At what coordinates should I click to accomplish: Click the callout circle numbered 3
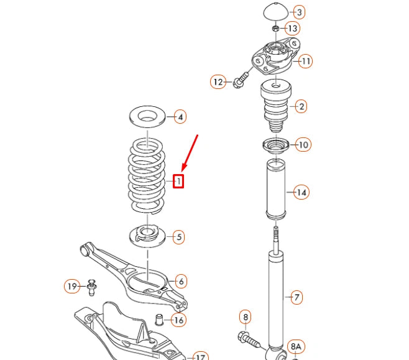(x=299, y=12)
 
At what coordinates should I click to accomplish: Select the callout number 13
(x=292, y=29)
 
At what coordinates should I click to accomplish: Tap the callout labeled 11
(x=305, y=61)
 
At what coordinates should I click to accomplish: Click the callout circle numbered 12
(x=218, y=81)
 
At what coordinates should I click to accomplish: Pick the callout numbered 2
(x=301, y=106)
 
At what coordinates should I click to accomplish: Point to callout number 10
(x=303, y=145)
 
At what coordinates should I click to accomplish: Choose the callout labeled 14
(x=301, y=192)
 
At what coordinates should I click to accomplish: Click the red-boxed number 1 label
(x=178, y=182)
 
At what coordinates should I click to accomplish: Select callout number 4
(x=179, y=116)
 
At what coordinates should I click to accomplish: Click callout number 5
(x=178, y=236)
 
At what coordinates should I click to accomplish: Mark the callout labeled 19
(x=73, y=286)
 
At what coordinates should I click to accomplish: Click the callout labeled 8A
(x=296, y=346)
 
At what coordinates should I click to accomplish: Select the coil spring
(x=147, y=177)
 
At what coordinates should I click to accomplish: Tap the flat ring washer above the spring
(x=147, y=116)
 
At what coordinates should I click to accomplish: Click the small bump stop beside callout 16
(x=159, y=320)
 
